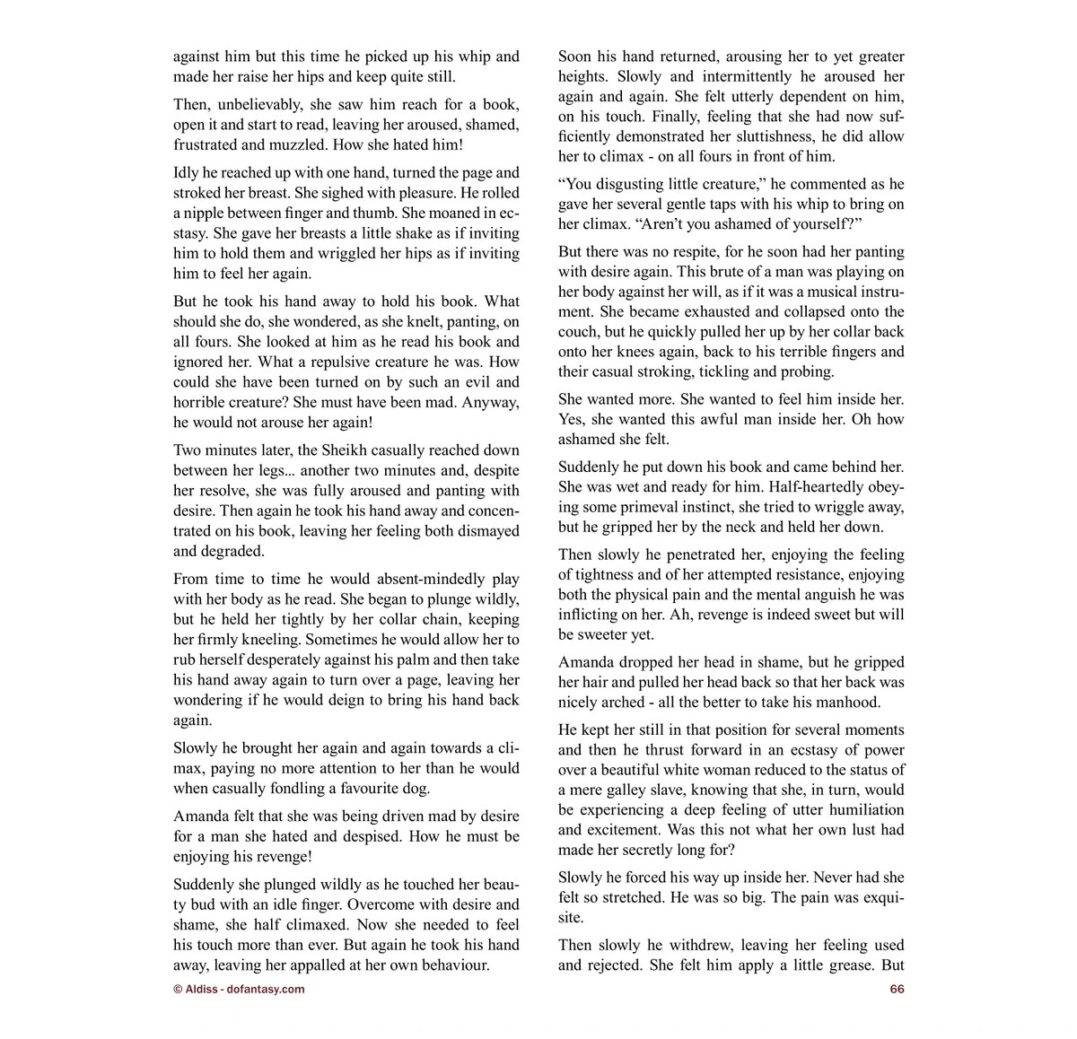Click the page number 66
[897, 989]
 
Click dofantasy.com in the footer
[266, 989]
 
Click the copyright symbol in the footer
[177, 989]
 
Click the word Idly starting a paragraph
[188, 172]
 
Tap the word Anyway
[483, 402]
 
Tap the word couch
[577, 332]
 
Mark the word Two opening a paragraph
[188, 450]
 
